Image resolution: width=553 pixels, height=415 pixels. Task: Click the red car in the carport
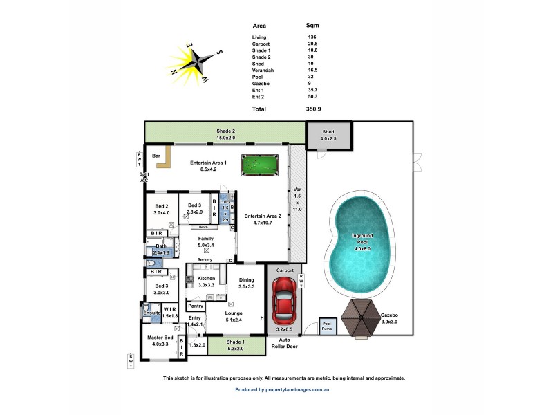284,303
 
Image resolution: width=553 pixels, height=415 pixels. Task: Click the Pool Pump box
328,326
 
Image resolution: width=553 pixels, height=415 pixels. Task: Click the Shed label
328,132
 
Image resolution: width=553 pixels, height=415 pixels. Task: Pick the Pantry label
196,306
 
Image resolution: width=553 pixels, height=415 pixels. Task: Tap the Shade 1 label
236,342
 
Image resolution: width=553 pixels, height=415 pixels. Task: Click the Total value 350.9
312,109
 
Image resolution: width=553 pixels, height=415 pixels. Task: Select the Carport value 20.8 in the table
312,44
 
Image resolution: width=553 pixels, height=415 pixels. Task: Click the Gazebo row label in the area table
261,83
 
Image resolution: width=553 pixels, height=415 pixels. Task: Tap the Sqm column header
312,26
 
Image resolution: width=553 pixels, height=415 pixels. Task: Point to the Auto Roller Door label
284,343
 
